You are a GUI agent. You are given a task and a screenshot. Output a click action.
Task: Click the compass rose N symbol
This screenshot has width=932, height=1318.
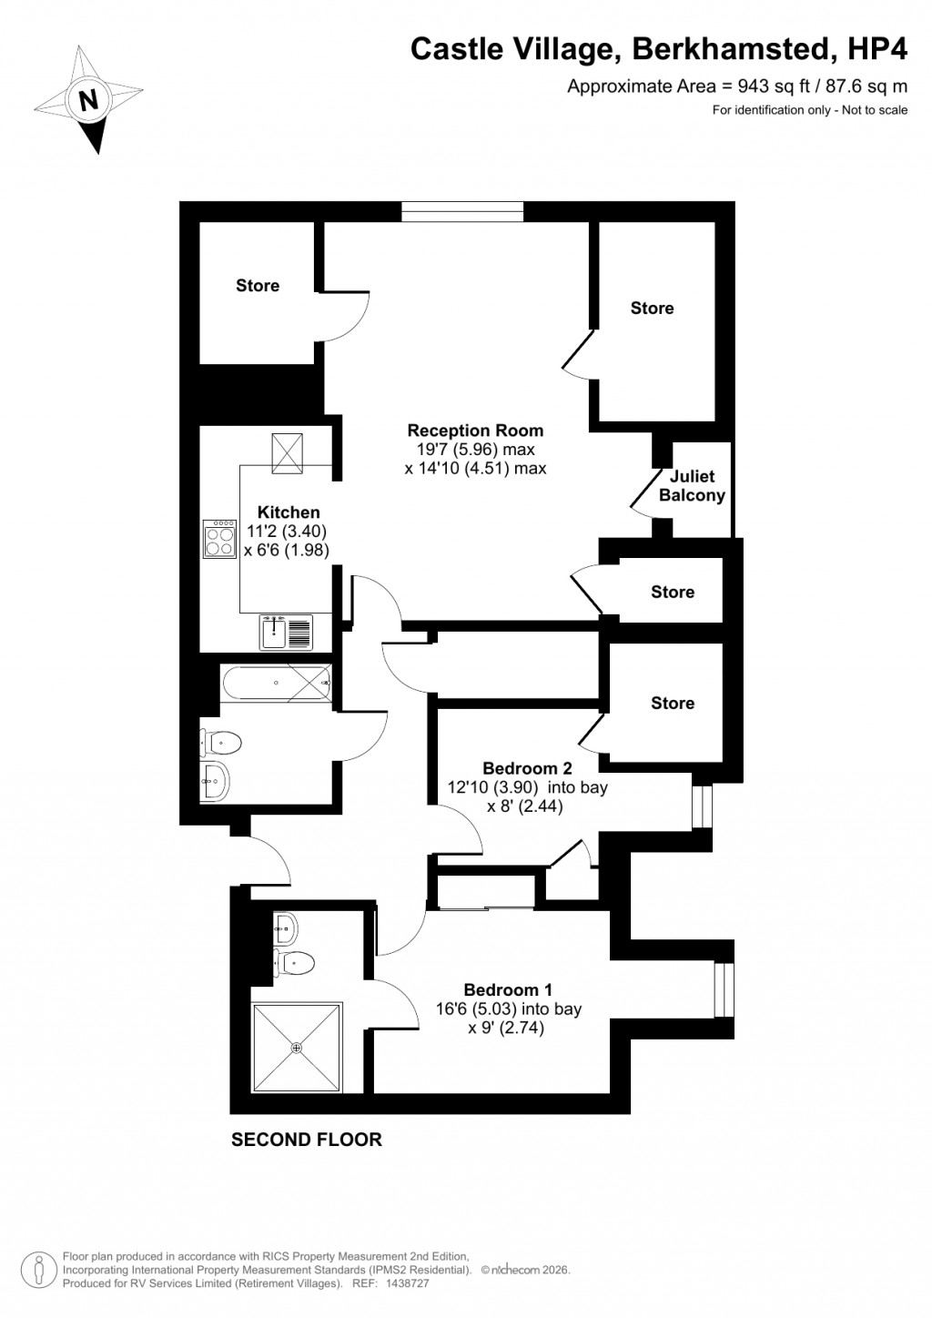(88, 99)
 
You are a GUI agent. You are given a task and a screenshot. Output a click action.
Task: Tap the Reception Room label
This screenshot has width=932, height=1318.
(475, 431)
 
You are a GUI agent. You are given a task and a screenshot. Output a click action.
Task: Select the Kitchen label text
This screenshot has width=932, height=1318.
(289, 512)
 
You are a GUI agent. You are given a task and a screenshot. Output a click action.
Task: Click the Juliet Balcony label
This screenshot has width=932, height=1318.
(692, 486)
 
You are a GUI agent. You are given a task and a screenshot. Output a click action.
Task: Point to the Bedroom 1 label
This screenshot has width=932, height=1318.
(508, 990)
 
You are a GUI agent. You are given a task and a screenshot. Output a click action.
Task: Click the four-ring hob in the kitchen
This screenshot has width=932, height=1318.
(220, 541)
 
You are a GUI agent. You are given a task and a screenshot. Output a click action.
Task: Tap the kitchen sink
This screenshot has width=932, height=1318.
(285, 632)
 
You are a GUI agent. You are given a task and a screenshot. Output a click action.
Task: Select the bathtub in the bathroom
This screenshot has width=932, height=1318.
(276, 681)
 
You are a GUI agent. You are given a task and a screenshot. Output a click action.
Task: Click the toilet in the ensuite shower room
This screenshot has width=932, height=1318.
(296, 961)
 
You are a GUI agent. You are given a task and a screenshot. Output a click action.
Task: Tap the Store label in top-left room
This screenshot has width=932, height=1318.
(258, 286)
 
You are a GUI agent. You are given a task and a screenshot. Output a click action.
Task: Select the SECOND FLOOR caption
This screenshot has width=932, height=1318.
(307, 1140)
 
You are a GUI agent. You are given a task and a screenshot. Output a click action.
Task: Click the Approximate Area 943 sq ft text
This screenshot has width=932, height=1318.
(737, 86)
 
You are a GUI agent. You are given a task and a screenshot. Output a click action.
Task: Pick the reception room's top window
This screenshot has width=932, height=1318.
(462, 212)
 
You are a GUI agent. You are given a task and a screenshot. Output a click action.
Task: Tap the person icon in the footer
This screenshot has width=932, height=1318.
(39, 1268)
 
